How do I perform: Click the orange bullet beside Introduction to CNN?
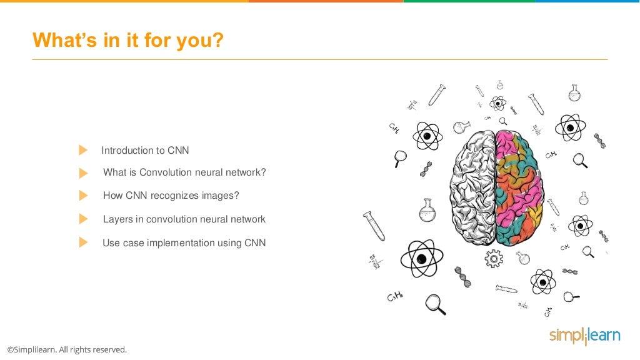pos(83,150)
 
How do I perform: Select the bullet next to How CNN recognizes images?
pos(83,196)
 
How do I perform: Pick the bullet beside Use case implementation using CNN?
pos(83,242)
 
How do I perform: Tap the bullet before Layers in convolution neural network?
pos(83,219)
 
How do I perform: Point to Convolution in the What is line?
pos(166,172)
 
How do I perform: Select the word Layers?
pos(117,219)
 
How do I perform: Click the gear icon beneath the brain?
pos(494,257)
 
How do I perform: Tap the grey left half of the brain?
pos(472,187)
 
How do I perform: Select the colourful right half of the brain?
pos(520,187)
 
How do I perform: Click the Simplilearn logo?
pos(584,336)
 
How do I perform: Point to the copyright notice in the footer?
pos(67,349)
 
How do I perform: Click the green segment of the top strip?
pos(469,1)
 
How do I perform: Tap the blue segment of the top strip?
pos(587,1)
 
